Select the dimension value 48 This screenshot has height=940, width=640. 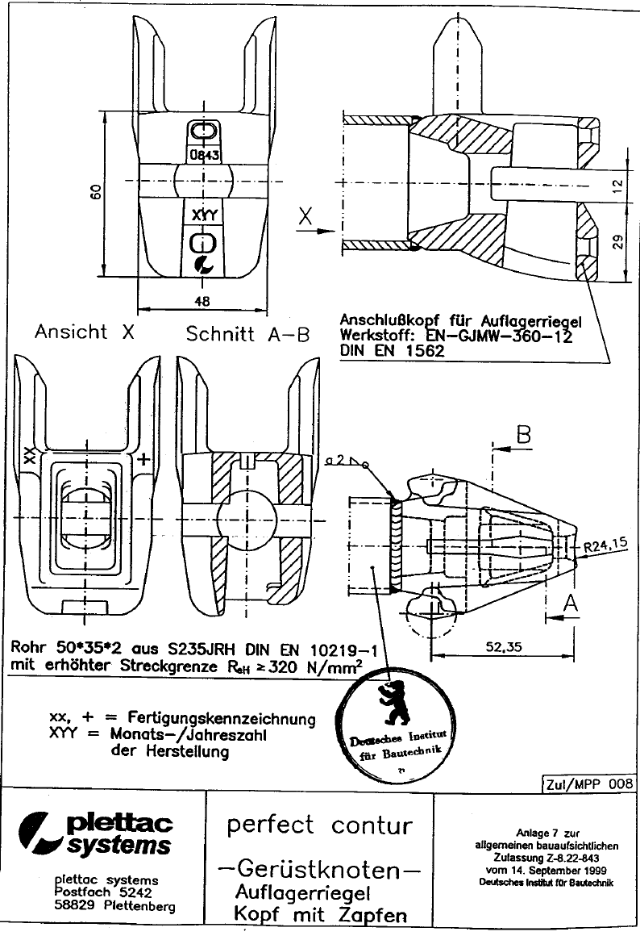point(202,300)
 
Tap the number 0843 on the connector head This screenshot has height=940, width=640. point(204,154)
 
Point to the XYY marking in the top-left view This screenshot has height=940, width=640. point(204,215)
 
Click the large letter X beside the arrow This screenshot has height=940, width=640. point(305,216)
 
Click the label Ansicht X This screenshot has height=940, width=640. point(84,332)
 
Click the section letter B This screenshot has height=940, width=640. point(523,436)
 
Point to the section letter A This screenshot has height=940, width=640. point(570,601)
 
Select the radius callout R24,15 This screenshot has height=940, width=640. point(605,546)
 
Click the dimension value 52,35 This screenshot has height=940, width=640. point(506,645)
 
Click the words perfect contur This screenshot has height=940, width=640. point(319,825)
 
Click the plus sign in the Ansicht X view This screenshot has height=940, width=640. point(143,459)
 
